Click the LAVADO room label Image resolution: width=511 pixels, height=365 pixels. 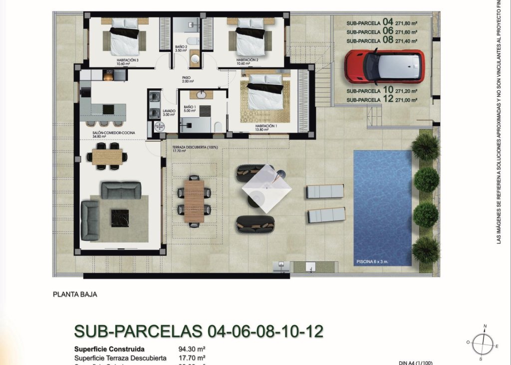pos(169,111)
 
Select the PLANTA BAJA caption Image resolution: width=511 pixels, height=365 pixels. pos(75,294)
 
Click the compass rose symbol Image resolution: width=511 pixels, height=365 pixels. pos(482,343)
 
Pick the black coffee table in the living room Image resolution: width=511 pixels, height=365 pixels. pos(120,217)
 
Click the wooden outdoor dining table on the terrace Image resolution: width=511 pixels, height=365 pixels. pos(194,201)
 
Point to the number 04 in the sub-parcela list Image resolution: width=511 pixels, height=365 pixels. pos(388,22)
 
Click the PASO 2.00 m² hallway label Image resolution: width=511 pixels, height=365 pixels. pos(188,79)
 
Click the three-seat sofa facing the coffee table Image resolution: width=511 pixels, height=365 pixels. pos(121,189)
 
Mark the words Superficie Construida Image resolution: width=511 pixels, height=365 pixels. pos(109,349)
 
